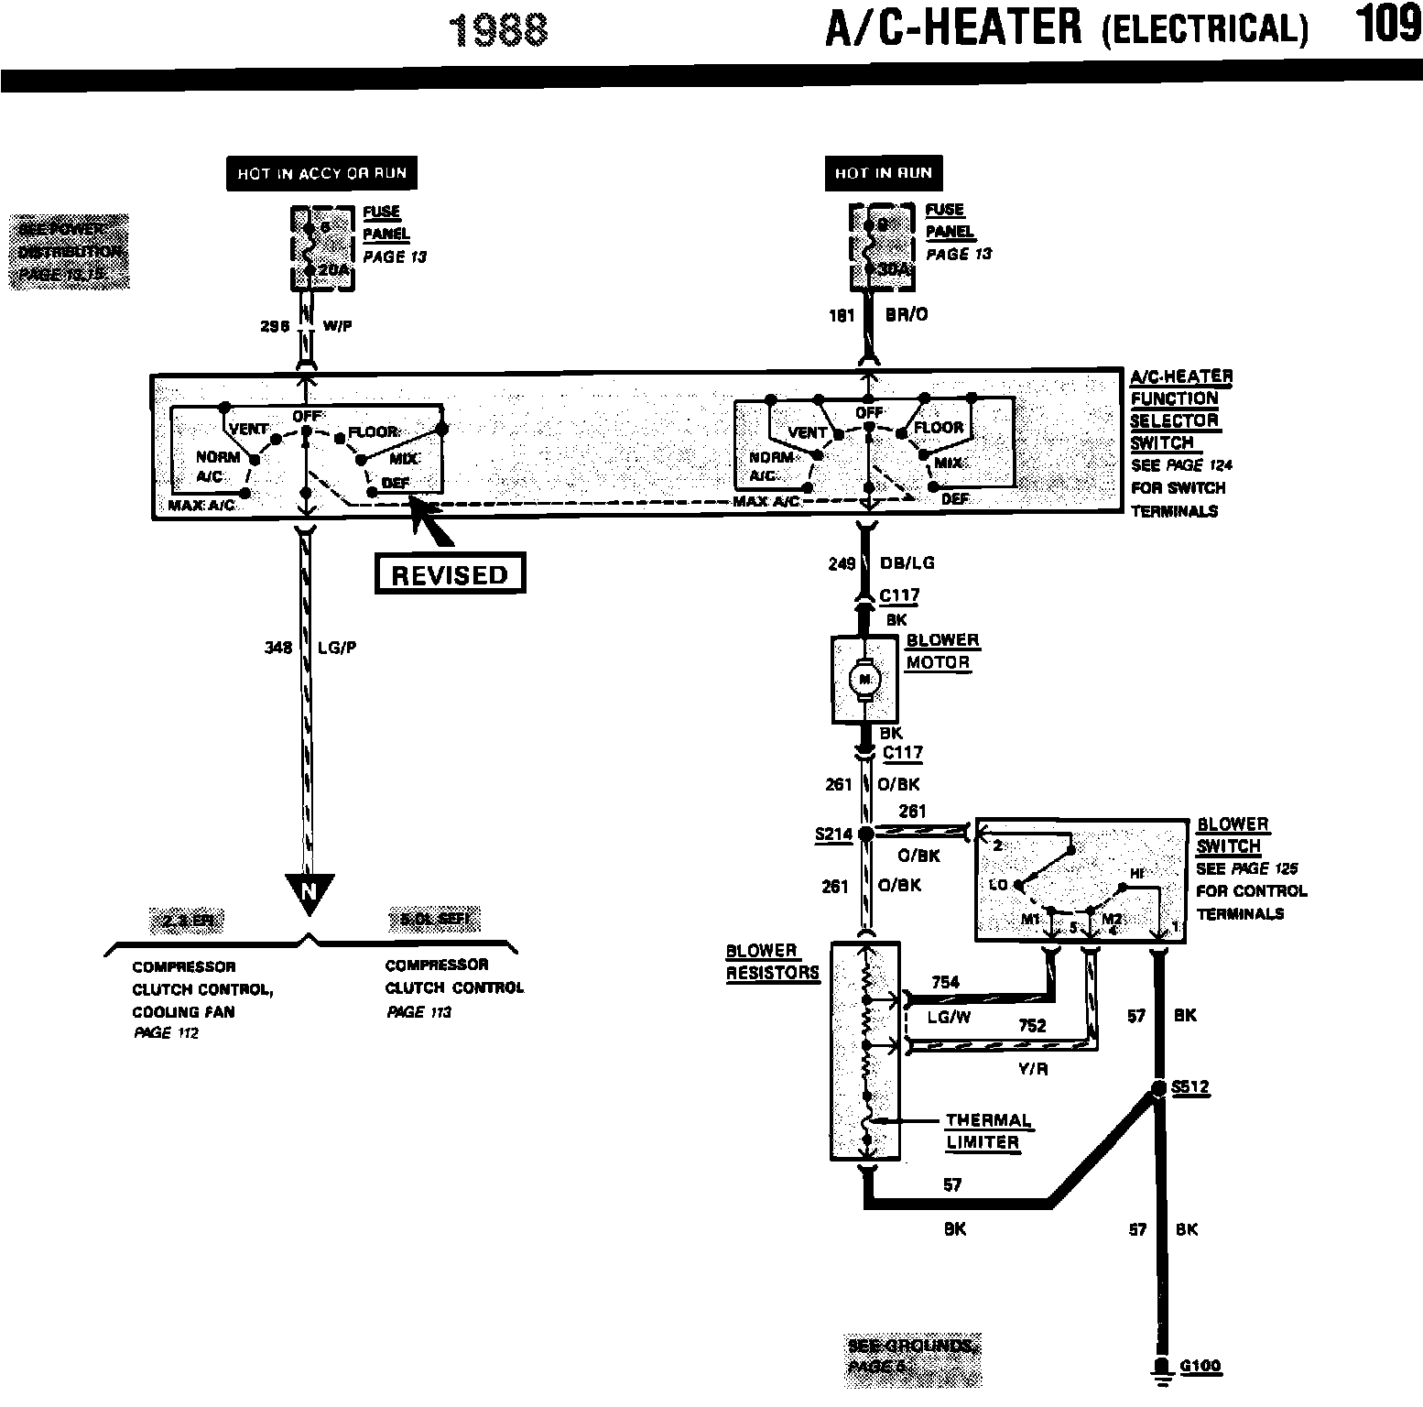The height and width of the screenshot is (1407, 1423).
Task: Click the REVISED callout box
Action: (450, 574)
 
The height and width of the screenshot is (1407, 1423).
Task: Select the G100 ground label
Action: (1200, 1366)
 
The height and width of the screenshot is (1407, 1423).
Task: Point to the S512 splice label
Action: (1190, 1087)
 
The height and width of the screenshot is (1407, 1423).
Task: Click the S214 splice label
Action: (832, 834)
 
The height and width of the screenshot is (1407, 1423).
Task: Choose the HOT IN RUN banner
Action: (883, 173)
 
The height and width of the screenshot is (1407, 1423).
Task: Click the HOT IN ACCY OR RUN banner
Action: (321, 173)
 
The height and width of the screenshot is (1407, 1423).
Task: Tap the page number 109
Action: (1388, 25)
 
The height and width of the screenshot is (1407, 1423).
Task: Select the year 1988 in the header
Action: (501, 30)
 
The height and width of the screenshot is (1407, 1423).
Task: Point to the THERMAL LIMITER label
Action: (987, 1131)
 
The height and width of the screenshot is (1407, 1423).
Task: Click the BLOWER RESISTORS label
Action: (772, 962)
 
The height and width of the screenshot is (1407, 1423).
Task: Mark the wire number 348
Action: (277, 648)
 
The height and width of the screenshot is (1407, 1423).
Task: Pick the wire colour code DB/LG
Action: (907, 563)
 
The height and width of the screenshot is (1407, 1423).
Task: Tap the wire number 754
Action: (945, 983)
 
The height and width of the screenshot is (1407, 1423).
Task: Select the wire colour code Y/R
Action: (1032, 1068)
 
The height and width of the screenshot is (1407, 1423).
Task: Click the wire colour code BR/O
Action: (906, 314)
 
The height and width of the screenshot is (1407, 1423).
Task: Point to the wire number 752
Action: (1032, 1026)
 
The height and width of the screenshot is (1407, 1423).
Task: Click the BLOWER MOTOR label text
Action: (942, 651)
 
